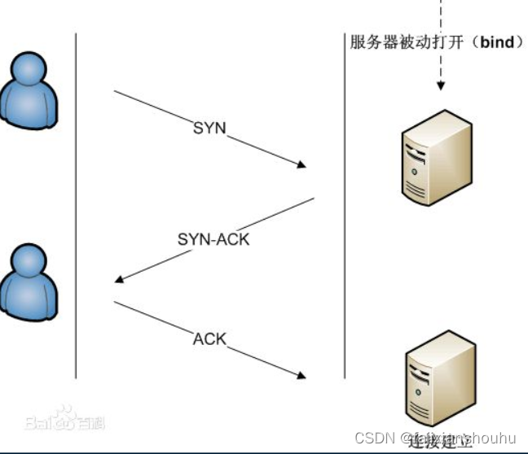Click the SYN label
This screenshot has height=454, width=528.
coord(209,128)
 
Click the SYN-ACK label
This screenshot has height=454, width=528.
coord(213,239)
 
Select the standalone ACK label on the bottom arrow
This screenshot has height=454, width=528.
coord(209,338)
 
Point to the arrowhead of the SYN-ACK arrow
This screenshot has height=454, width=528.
coord(120,280)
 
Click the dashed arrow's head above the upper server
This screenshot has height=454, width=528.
coord(442,85)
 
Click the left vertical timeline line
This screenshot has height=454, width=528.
coord(76,203)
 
